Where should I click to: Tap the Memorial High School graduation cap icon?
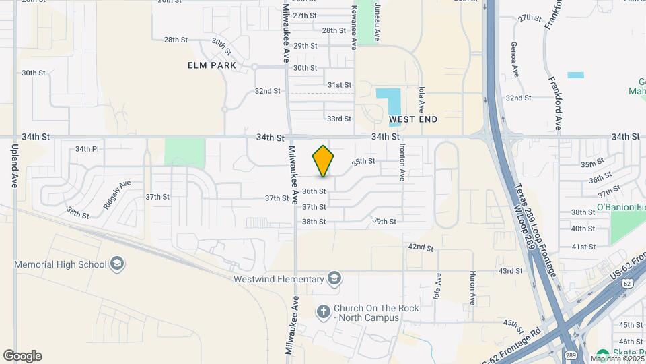tap(118, 264)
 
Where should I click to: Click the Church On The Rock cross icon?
tap(324, 312)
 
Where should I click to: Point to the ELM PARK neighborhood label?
tap(213, 65)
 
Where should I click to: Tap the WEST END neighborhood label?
tap(413, 119)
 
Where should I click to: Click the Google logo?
tap(22, 356)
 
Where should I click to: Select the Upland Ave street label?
tap(14, 165)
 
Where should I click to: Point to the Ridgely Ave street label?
tap(116, 194)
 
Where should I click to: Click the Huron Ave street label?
tap(472, 288)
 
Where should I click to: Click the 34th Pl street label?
tap(87, 148)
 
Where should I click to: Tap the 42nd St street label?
tap(421, 247)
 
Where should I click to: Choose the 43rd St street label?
tap(511, 271)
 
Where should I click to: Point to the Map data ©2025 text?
tap(616, 359)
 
